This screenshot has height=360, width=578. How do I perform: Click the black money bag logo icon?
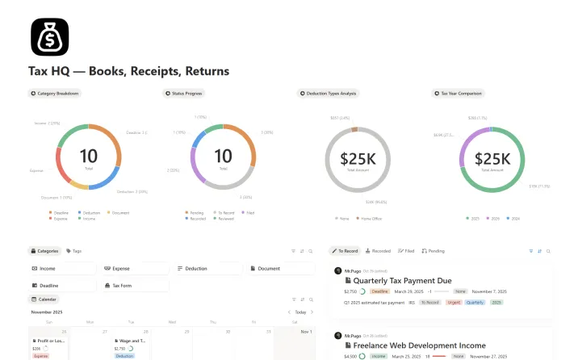tap(49, 36)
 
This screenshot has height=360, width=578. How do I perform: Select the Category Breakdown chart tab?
tap(55, 94)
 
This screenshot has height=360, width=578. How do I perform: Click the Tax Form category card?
tap(122, 286)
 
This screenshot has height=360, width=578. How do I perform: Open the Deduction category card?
tap(196, 268)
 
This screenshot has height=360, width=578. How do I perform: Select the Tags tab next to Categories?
tap(74, 251)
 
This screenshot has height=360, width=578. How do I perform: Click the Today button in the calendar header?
tap(300, 312)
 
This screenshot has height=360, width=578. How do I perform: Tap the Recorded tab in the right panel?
tap(379, 251)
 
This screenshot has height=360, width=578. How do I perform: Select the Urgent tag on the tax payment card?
tap(454, 302)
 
